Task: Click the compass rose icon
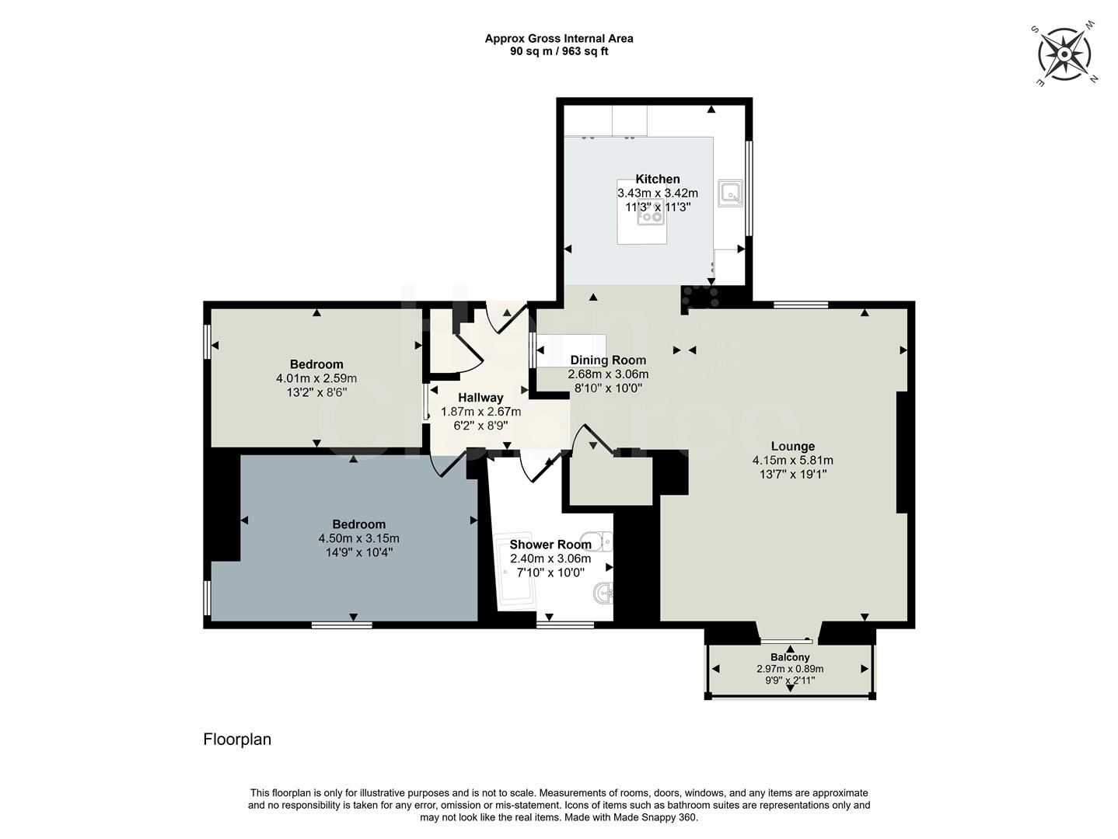tap(1064, 54)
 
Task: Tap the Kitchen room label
tap(658, 179)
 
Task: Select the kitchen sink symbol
tap(731, 193)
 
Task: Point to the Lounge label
tap(792, 446)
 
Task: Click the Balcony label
tap(790, 657)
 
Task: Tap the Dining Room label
tap(608, 360)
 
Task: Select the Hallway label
tap(480, 398)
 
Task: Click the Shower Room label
tap(550, 545)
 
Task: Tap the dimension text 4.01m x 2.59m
tap(316, 378)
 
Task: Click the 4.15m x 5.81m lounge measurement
tap(792, 460)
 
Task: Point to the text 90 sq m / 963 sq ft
tap(559, 51)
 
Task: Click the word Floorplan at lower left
tap(237, 740)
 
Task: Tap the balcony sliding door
tap(786, 641)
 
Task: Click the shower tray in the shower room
tap(515, 573)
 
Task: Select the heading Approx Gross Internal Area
tap(559, 38)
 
